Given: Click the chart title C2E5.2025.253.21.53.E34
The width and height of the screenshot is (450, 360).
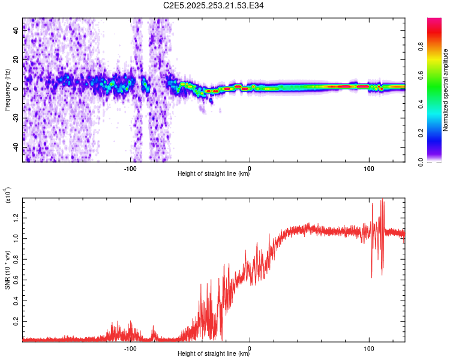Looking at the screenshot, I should pos(214,5).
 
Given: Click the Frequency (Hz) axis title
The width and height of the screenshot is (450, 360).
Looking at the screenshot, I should pos(7,90).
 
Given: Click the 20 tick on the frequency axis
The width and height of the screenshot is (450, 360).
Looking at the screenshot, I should pos(16,59).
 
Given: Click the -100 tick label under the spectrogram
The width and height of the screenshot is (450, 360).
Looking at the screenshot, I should pos(131,169).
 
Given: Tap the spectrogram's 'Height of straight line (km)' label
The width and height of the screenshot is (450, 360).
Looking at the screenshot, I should pos(214,175).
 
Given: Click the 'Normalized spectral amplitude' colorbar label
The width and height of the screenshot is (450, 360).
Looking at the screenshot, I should pos(445,90).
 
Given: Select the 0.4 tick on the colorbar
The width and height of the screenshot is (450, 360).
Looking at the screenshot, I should pos(422,104).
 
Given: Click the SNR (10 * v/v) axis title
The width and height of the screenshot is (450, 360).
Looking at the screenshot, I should pos(7,268).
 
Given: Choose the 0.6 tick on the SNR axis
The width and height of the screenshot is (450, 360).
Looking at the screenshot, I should pos(16,279).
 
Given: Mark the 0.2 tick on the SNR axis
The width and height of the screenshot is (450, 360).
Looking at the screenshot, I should pos(16,321).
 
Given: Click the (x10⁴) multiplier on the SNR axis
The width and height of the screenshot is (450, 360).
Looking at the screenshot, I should pos(8,196).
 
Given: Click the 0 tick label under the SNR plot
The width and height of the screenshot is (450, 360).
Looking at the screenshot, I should pos(250,348).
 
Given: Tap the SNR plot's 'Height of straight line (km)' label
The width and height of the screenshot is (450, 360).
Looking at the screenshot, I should pos(214,354).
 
